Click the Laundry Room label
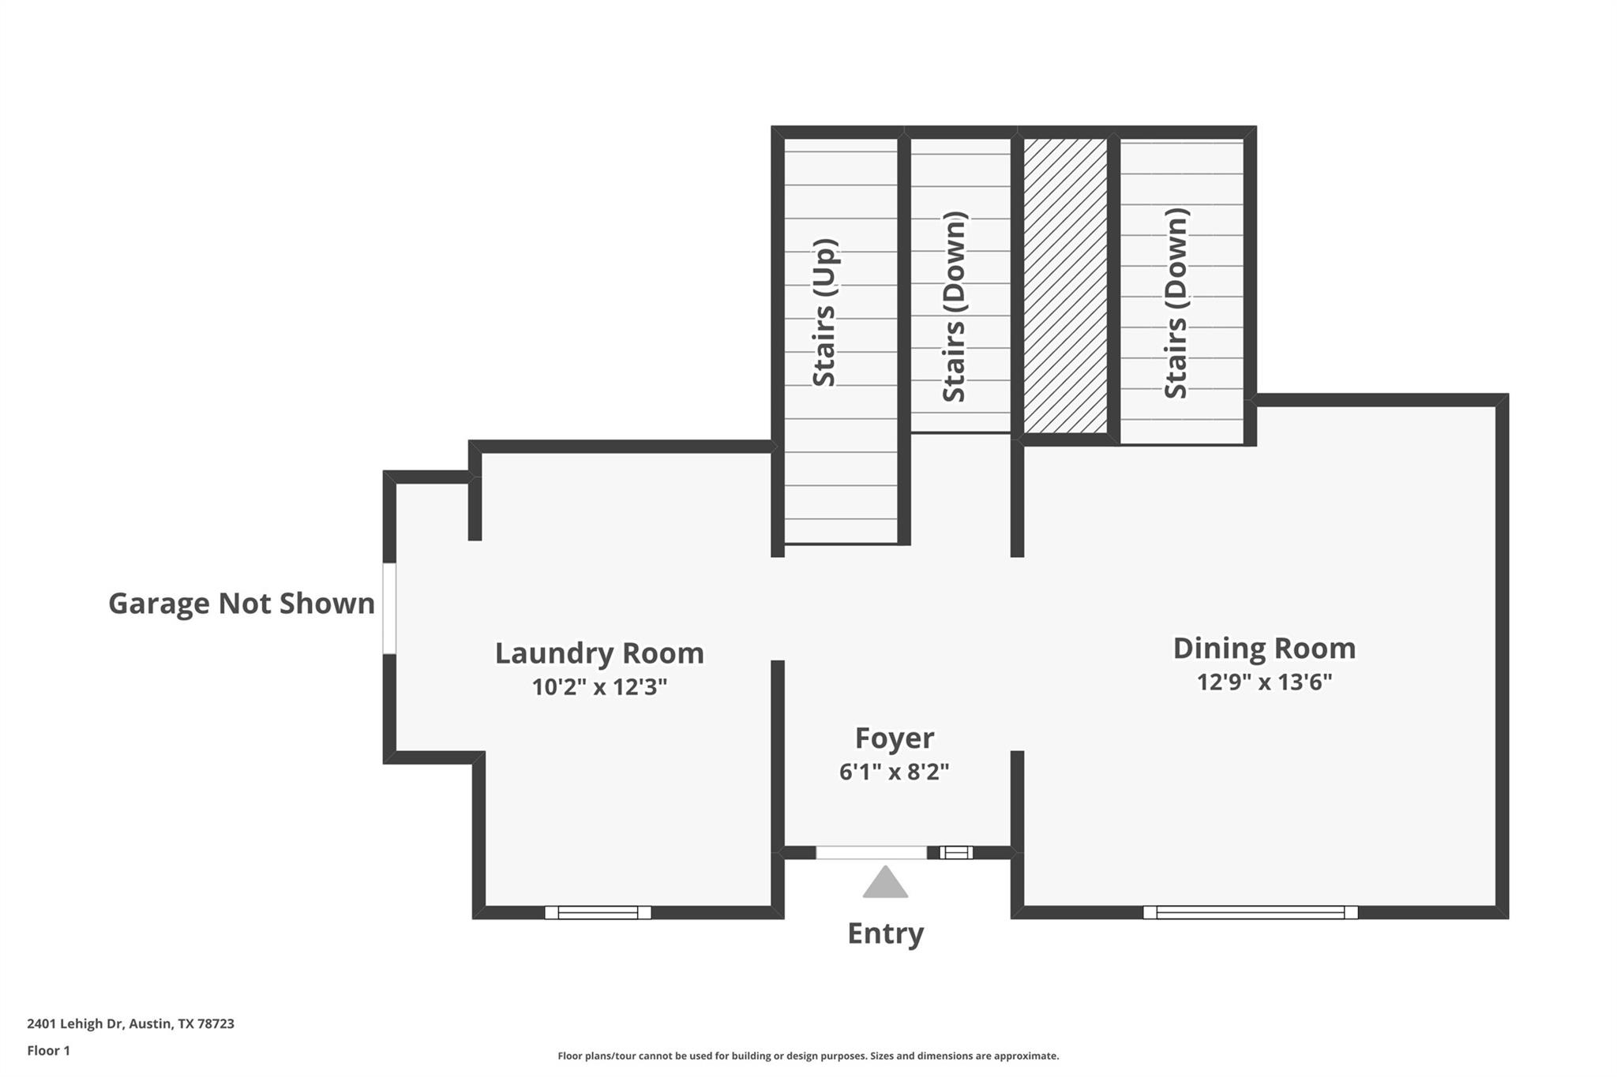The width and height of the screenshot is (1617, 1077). click(x=599, y=653)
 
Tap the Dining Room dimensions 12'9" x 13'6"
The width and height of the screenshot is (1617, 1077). click(x=1264, y=682)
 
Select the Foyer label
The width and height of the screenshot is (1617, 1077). click(x=895, y=738)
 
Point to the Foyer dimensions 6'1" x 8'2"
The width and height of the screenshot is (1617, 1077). click(x=894, y=772)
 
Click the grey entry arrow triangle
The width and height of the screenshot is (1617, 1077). click(x=885, y=884)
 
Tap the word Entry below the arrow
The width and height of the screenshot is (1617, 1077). click(x=885, y=933)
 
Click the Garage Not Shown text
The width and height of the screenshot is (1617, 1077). click(x=242, y=604)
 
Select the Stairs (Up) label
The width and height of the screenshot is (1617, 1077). click(x=824, y=312)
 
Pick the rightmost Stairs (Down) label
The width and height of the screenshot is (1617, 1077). click(x=1176, y=304)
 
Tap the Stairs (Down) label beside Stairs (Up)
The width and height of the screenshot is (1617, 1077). click(x=954, y=307)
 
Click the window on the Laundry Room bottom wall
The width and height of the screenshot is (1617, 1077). click(x=598, y=913)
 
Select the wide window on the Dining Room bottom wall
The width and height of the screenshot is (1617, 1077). click(x=1250, y=913)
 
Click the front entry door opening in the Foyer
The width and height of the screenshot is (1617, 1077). click(x=871, y=853)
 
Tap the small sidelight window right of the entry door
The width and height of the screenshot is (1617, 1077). click(x=956, y=853)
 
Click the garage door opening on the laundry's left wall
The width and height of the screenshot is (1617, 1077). click(x=388, y=608)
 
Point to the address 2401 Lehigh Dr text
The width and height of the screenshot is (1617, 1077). click(x=130, y=1023)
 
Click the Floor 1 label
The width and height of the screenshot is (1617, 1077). click(x=48, y=1050)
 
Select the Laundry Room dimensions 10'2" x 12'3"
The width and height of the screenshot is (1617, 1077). click(x=599, y=687)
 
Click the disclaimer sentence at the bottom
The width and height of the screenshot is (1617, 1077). click(x=808, y=1056)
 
